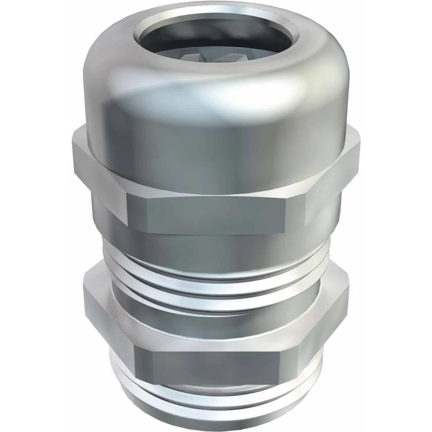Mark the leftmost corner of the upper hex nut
tap(73, 156)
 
